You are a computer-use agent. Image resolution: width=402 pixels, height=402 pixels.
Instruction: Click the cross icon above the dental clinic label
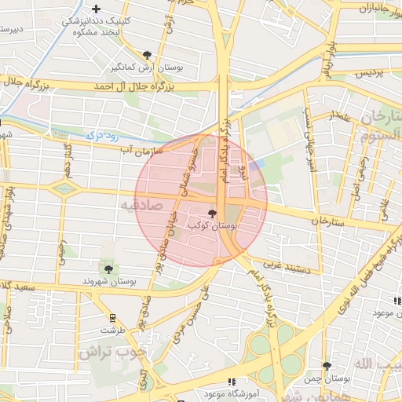coord(96,10)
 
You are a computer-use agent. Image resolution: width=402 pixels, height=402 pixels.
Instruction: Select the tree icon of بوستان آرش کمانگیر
coord(147,55)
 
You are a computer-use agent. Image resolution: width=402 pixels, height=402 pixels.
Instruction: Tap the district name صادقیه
coord(134,206)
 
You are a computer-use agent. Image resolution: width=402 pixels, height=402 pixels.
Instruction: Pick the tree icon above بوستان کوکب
coord(212,214)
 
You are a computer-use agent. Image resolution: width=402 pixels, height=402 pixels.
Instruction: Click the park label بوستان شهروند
coord(109,280)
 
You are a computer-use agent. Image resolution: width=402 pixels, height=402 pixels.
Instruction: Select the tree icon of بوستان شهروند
coord(108,269)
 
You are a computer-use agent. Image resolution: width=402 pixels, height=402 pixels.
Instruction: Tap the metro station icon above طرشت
coord(115,318)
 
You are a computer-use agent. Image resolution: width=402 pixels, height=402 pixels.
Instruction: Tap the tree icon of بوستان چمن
coord(327,365)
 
